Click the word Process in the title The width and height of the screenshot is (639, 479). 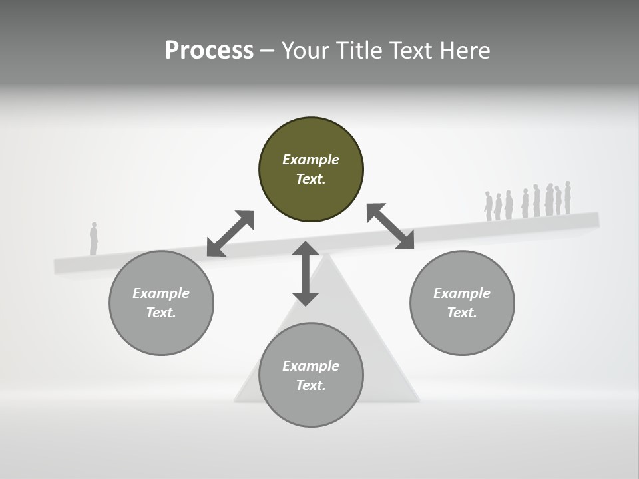[209, 51]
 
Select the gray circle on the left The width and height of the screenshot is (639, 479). [161, 303]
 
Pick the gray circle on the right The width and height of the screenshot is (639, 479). [462, 303]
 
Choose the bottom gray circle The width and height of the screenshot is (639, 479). [311, 375]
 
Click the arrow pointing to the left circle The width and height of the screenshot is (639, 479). [230, 234]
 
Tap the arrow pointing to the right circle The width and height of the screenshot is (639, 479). [390, 226]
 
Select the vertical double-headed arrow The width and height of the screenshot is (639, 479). [306, 273]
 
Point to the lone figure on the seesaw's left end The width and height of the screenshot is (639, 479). [94, 239]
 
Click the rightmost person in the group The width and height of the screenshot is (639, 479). [568, 198]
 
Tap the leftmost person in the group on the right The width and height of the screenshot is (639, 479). [488, 206]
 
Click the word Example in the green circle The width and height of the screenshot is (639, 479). [311, 160]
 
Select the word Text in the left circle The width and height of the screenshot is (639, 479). [161, 313]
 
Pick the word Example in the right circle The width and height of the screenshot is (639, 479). [462, 293]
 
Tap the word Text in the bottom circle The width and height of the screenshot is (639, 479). [310, 385]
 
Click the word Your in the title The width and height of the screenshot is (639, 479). [305, 51]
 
